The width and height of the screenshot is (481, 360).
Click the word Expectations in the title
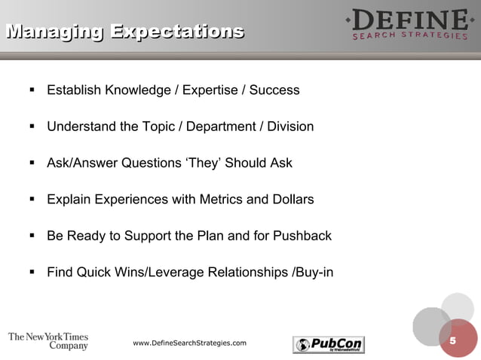[x=177, y=32]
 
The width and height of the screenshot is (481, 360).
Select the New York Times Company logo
[x=48, y=341]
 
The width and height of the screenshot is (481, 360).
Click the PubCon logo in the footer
[x=328, y=344]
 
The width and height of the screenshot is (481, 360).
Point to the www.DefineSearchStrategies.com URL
[x=189, y=343]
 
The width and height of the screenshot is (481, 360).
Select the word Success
[x=274, y=90]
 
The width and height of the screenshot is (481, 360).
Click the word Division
[x=290, y=127]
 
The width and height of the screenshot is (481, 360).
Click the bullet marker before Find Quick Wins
[x=32, y=272]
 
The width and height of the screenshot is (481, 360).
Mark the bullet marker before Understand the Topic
[x=32, y=127]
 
